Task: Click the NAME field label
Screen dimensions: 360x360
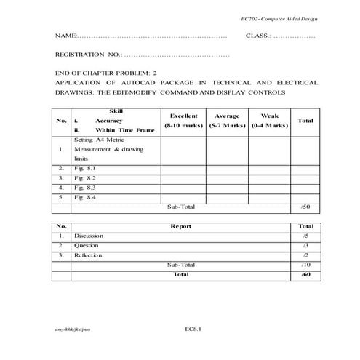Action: click(x=65, y=36)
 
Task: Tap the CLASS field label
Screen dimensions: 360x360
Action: click(x=258, y=36)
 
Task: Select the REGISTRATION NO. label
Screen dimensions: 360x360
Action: click(x=88, y=55)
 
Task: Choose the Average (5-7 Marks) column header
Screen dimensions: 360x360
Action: click(x=227, y=121)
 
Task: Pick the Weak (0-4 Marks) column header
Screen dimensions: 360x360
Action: click(x=269, y=121)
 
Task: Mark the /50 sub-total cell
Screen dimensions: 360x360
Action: click(x=305, y=207)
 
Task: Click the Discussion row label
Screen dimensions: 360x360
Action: click(x=88, y=236)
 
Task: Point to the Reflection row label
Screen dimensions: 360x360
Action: click(x=88, y=255)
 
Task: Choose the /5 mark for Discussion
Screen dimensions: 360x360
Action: click(x=305, y=236)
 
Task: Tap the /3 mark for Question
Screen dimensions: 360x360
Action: click(x=305, y=246)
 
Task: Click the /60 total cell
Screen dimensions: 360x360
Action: click(x=305, y=274)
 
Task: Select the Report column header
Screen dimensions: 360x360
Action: click(x=181, y=226)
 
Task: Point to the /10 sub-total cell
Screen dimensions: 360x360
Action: click(x=305, y=265)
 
